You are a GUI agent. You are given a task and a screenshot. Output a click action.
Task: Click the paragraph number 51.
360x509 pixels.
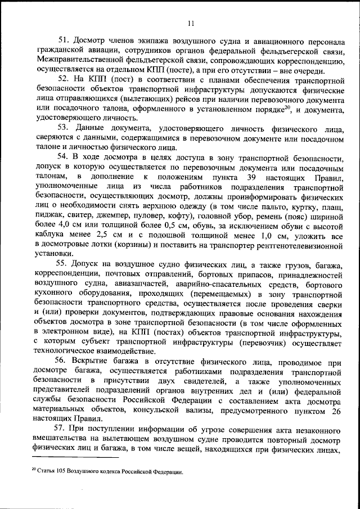[63, 41]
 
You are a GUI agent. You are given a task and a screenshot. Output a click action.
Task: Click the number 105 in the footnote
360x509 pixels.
[64, 472]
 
